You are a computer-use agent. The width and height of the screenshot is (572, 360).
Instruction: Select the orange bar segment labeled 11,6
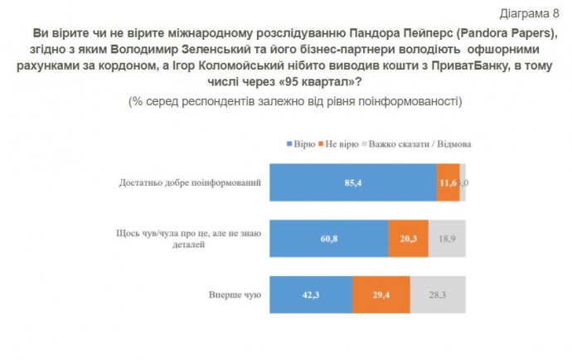click(x=448, y=182)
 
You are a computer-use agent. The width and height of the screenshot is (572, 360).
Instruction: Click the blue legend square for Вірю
click(x=288, y=144)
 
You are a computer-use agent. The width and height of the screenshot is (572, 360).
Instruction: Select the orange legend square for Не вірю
click(x=324, y=144)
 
